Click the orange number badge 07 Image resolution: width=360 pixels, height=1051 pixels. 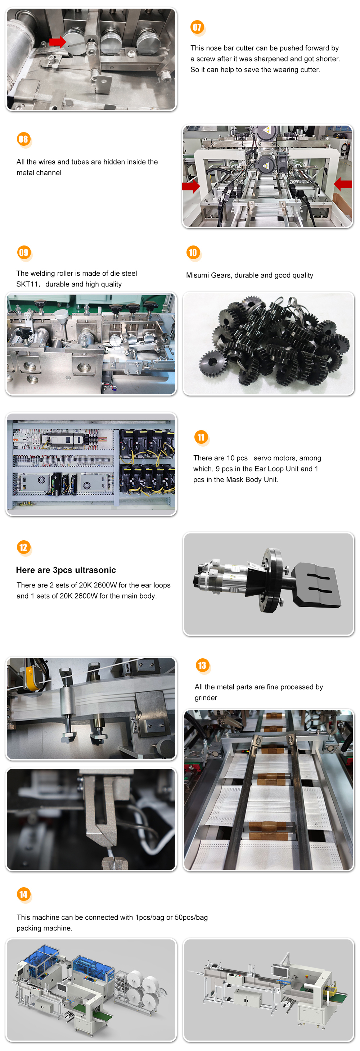pos(197,27)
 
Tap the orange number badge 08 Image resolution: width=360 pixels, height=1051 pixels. pos(23,139)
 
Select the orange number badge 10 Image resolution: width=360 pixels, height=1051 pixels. pos(193,252)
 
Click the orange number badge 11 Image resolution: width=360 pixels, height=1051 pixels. pos(201,437)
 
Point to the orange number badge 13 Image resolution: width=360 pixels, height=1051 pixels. pos(202,666)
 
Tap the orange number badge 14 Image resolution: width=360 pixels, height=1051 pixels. pos(23,894)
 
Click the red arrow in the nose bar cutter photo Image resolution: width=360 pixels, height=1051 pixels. pos(58,42)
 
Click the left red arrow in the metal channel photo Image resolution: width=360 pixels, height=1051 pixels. pos(190,186)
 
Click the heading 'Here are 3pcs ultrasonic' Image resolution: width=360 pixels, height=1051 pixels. pos(66,570)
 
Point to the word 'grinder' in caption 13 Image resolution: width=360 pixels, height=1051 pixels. pos(206,698)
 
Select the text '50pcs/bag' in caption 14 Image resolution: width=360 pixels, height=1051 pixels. pos(191,917)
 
